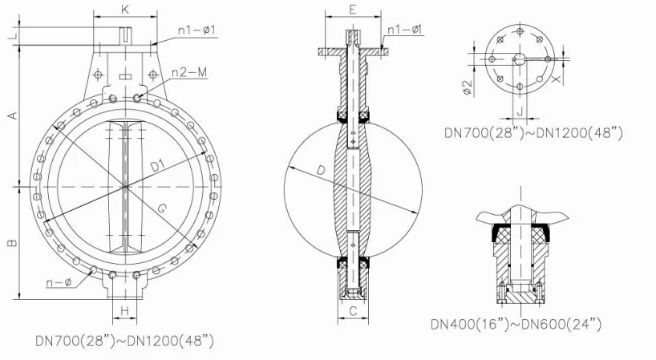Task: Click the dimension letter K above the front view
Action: coord(124,10)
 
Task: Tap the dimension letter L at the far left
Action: coord(14,36)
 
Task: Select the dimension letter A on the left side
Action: coord(14,115)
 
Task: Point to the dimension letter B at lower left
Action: coord(13,241)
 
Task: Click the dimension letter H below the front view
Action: coord(124,310)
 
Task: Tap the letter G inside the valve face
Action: coord(163,208)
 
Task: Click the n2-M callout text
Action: coord(189,72)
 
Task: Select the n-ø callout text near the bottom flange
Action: coord(59,283)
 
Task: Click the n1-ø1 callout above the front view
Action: coord(196,30)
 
